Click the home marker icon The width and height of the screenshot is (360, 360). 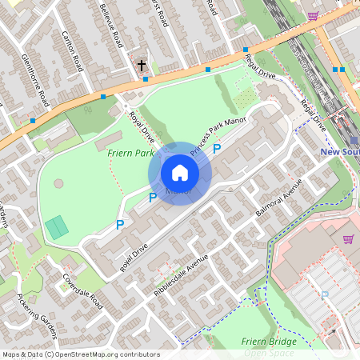click(x=180, y=173)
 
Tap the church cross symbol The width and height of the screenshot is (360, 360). click(x=142, y=65)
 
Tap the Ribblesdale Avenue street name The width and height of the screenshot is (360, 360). click(x=181, y=275)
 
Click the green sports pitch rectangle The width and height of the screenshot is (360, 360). click(x=57, y=227)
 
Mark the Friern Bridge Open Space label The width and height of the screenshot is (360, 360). click(x=269, y=346)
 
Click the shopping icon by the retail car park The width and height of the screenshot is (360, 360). click(x=348, y=238)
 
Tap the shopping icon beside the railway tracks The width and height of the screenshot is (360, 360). click(x=313, y=15)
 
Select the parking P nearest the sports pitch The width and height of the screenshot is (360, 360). click(x=120, y=226)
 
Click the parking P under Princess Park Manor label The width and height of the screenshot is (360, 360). click(x=216, y=150)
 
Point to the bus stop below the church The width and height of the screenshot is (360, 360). click(x=145, y=78)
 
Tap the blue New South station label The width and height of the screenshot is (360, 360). click(x=339, y=151)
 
